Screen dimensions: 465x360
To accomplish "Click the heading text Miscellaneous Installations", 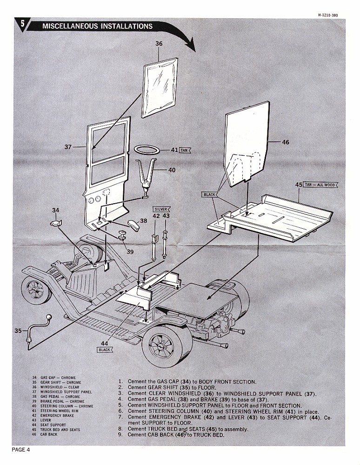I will (97, 26).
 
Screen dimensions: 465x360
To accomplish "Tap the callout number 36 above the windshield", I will (159, 43).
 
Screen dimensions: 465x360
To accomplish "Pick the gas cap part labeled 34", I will (56, 224).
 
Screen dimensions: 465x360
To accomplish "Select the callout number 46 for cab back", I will (285, 142).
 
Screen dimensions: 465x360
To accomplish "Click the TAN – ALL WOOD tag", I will (320, 185).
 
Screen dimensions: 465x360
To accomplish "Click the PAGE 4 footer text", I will (21, 449).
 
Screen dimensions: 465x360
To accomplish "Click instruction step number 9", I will (120, 435).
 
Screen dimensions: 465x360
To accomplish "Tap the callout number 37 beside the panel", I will (68, 147).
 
